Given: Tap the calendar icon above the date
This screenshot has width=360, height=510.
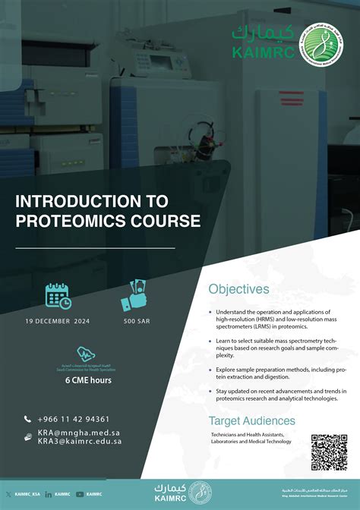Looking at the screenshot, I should tap(58, 295).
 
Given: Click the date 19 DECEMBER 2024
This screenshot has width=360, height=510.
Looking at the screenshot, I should tap(58, 321).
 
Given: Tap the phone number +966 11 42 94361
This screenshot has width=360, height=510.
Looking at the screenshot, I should tap(73, 419).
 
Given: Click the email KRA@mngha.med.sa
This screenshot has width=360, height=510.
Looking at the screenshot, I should tap(79, 433).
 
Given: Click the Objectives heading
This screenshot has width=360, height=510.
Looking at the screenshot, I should tap(238, 289).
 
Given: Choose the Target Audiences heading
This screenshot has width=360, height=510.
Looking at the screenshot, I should tap(252, 420).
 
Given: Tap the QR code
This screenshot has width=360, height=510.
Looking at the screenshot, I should tap(330, 452).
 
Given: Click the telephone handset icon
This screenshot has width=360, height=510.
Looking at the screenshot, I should tap(28, 419).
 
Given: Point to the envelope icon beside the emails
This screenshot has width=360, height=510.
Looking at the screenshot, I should tap(28, 437).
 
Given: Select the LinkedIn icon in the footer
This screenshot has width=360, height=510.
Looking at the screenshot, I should tap(49, 493).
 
